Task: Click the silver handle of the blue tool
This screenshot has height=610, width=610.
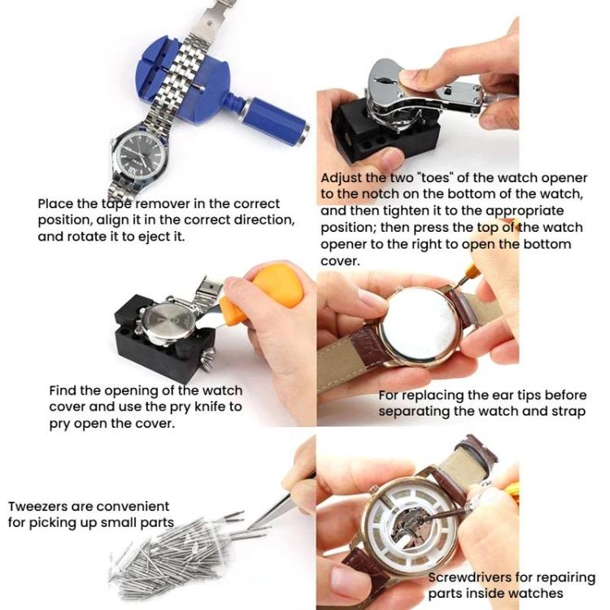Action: click(277, 117)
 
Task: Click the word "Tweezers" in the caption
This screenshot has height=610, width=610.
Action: click(41, 507)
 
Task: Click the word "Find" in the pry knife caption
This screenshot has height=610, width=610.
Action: click(64, 390)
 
